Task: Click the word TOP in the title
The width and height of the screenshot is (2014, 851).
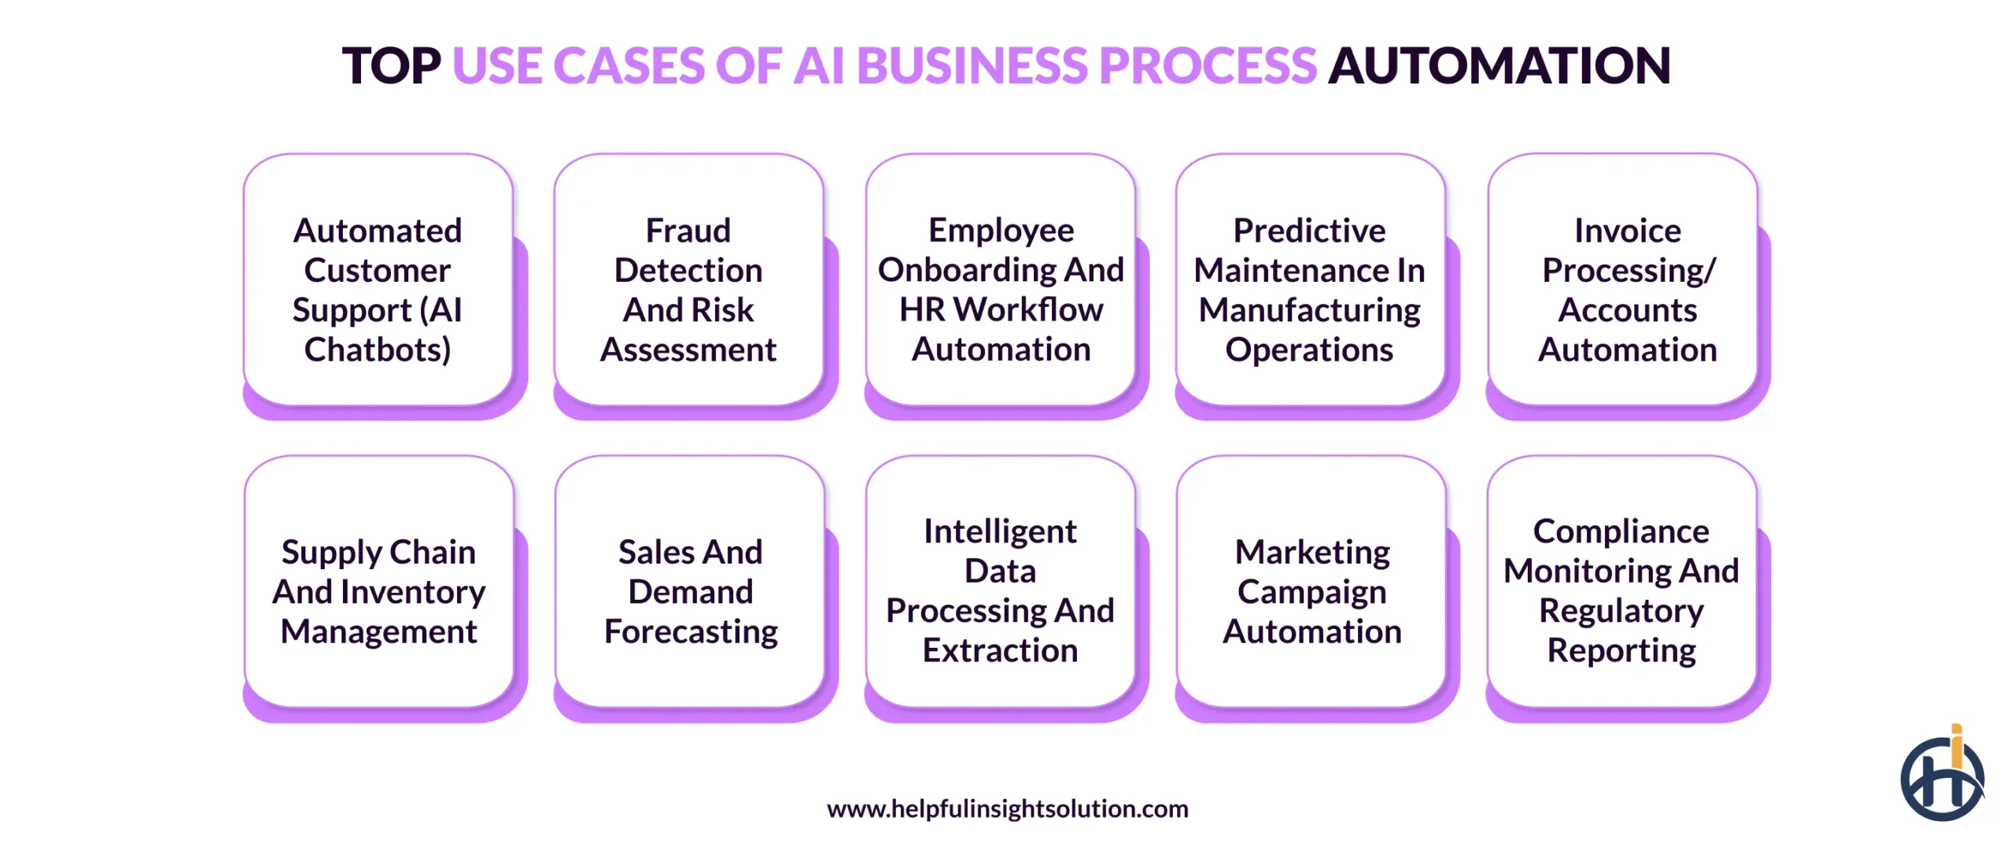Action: [391, 65]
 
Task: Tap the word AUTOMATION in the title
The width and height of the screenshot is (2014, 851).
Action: [1499, 65]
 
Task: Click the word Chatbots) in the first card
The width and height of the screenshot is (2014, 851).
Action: [378, 350]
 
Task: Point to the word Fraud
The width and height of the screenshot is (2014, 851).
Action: [688, 231]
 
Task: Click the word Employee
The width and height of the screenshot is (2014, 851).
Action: [1001, 230]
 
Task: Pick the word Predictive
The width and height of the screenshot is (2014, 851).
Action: [1309, 231]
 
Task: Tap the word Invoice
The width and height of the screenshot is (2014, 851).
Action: [1627, 231]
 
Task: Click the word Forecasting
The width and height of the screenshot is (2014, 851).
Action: [691, 632]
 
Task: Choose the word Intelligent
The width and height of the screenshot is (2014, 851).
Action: [1000, 532]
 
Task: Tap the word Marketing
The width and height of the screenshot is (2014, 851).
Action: [1312, 553]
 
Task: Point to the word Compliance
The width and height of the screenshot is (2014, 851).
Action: [1621, 532]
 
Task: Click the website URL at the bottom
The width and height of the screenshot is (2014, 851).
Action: [1007, 808]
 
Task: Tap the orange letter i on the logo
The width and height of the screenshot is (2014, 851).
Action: [1957, 744]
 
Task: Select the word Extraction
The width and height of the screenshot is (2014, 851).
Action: [1000, 651]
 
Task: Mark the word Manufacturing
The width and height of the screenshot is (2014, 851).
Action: [1309, 311]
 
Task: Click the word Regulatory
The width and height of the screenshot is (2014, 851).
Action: [1621, 612]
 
